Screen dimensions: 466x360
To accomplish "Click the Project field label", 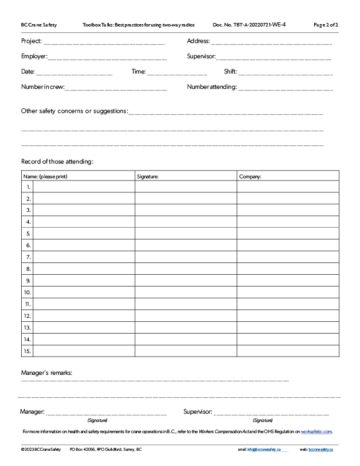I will pyautogui.click(x=32, y=41).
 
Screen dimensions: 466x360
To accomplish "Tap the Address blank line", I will pyautogui.click(x=271, y=44).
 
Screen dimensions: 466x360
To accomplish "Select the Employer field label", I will pyautogui.click(x=34, y=56).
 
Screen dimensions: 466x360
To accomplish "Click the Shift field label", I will pyautogui.click(x=230, y=72).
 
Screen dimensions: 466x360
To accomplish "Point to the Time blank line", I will pyautogui.click(x=177, y=74).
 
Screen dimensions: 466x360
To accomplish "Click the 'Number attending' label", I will pyautogui.click(x=212, y=87).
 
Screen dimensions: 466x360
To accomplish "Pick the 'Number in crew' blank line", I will pyautogui.click(x=116, y=89).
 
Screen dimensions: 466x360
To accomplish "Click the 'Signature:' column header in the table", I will pyautogui.click(x=148, y=176).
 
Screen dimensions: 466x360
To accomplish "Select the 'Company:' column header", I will pyautogui.click(x=250, y=176).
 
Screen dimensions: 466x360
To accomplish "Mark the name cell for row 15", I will pyautogui.click(x=84, y=351).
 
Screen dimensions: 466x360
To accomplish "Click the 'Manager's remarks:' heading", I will pyautogui.click(x=47, y=373).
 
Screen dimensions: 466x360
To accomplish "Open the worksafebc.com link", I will pyautogui.click(x=316, y=431).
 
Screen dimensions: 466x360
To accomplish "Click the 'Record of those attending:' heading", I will pyautogui.click(x=57, y=161).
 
